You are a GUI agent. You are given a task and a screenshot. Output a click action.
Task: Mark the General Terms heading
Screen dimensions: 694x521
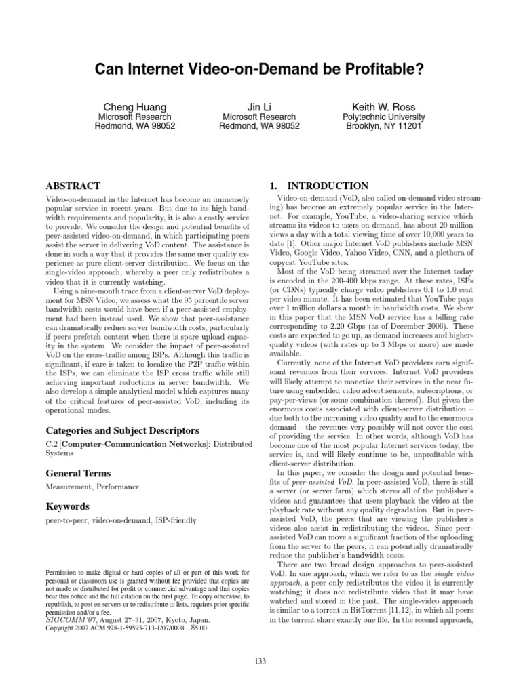[x=77, y=474]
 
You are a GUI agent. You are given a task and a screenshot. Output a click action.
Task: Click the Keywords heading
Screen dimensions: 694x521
[x=68, y=506]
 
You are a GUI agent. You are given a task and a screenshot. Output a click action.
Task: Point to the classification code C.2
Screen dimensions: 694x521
[x=51, y=444]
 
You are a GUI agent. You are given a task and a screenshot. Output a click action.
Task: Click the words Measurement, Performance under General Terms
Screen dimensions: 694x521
[x=92, y=487]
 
